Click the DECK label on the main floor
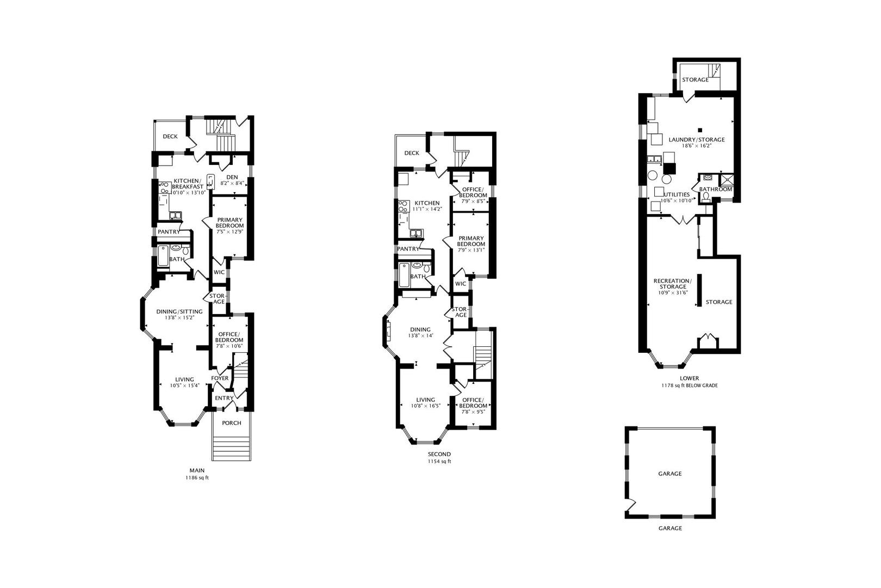pyautogui.click(x=170, y=136)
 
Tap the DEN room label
pyautogui.click(x=232, y=177)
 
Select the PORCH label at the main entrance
pyautogui.click(x=232, y=423)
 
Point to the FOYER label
pyautogui.click(x=220, y=378)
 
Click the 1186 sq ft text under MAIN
pyautogui.click(x=197, y=477)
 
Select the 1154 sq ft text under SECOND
pyautogui.click(x=439, y=461)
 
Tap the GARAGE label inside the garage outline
pyautogui.click(x=670, y=473)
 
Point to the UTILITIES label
pyautogui.click(x=677, y=194)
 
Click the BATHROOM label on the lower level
pyautogui.click(x=716, y=189)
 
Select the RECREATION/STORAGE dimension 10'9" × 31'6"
pyautogui.click(x=673, y=292)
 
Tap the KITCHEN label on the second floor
pyautogui.click(x=427, y=203)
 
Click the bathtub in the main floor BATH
pyautogui.click(x=163, y=256)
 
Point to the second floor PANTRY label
pyautogui.click(x=408, y=249)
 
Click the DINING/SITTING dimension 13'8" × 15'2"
pyautogui.click(x=179, y=317)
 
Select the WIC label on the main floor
pyautogui.click(x=219, y=272)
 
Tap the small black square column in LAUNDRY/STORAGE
pyautogui.click(x=700, y=130)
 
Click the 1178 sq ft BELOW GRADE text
pyautogui.click(x=690, y=385)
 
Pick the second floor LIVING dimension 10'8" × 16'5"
pyautogui.click(x=426, y=406)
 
